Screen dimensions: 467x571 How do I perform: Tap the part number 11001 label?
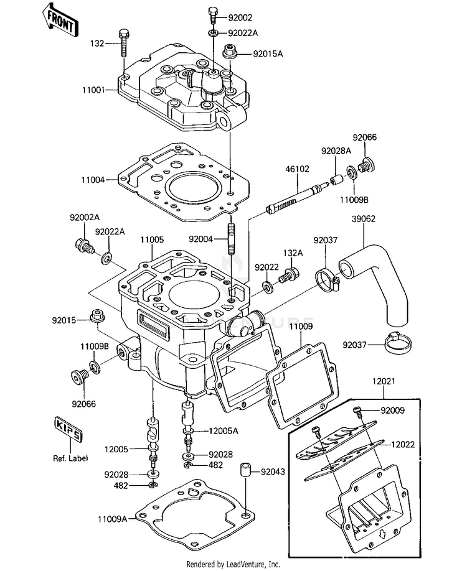(93, 90)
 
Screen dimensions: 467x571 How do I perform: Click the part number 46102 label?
(297, 169)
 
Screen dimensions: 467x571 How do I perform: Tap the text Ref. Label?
(70, 458)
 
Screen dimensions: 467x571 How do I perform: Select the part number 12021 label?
(384, 381)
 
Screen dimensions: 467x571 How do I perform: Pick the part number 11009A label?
(112, 519)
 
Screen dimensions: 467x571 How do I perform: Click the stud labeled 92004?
(231, 239)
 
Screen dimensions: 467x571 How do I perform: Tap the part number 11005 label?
(152, 240)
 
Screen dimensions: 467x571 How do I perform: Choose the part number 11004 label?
(93, 180)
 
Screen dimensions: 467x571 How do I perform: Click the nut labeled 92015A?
(230, 51)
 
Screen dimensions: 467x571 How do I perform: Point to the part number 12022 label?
(403, 445)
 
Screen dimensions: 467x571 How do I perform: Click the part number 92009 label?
(393, 411)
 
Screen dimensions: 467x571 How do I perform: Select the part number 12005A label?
(224, 431)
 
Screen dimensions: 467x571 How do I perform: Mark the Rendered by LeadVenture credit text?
(233, 564)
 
